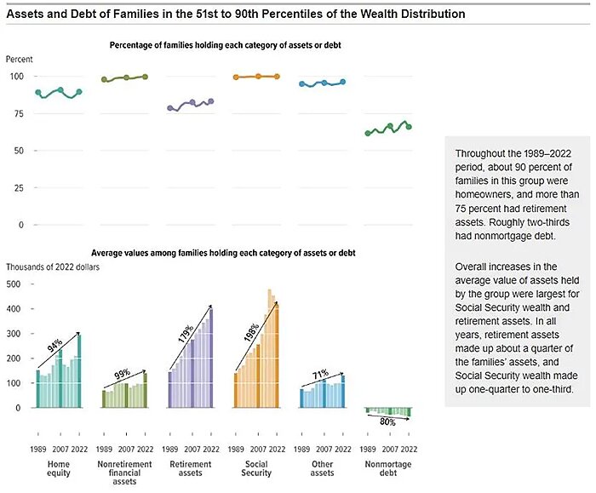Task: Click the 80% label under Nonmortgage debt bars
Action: (387, 421)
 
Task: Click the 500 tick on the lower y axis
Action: (14, 284)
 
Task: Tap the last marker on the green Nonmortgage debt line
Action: (409, 127)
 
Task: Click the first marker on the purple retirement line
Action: (170, 109)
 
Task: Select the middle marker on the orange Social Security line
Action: (257, 76)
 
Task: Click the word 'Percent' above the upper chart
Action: (20, 59)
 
